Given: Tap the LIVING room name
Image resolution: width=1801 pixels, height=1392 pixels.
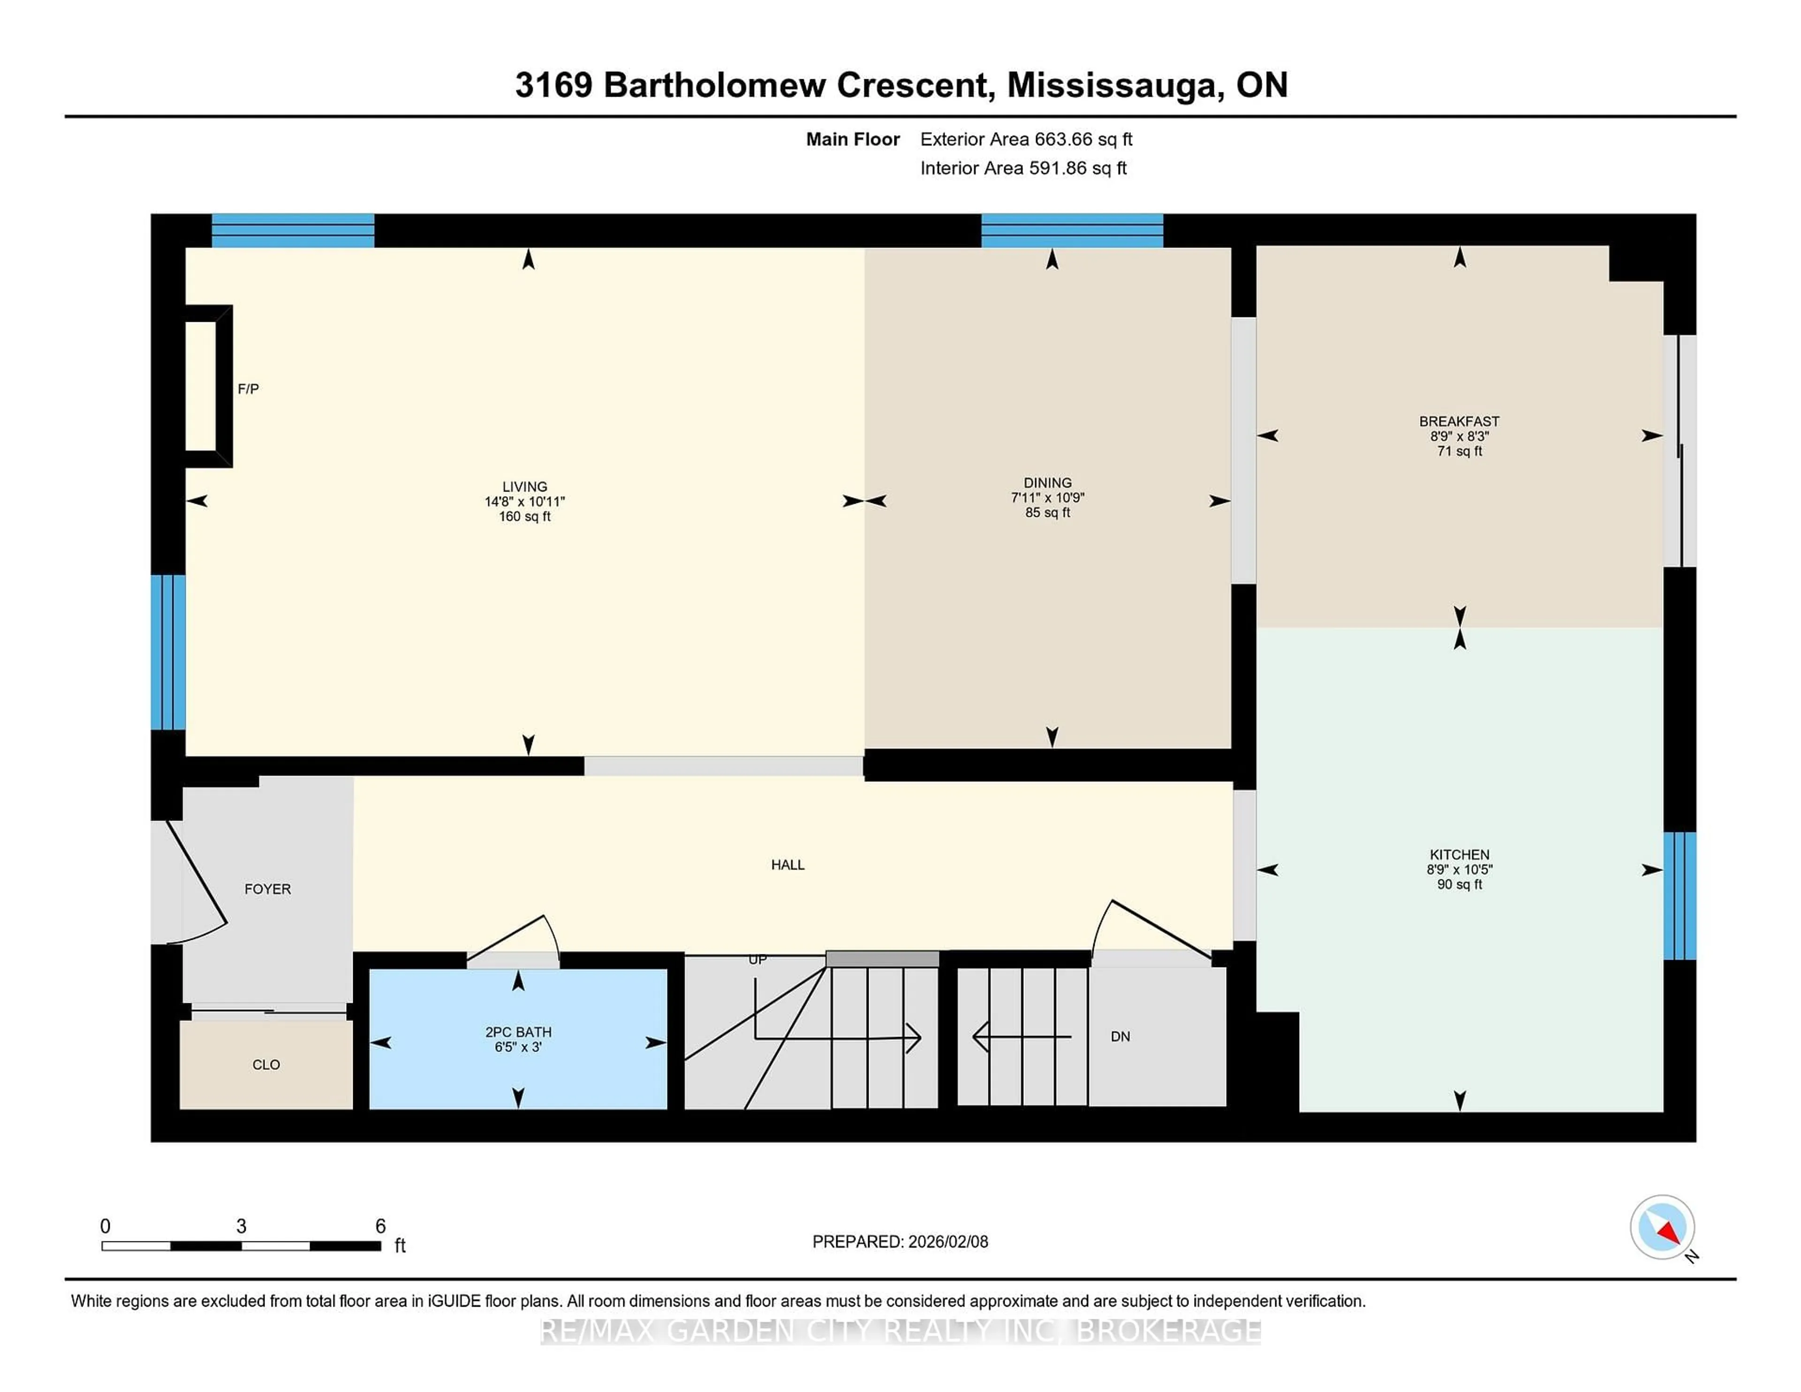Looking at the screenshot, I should (524, 486).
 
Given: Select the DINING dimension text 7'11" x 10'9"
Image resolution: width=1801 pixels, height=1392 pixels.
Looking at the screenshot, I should (1047, 497).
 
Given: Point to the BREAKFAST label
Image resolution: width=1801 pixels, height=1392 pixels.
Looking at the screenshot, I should (1459, 421).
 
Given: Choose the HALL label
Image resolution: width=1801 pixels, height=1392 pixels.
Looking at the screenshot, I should (787, 864).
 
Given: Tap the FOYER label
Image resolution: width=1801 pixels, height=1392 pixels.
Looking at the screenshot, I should (267, 889).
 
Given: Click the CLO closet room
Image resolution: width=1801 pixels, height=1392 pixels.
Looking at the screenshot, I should (265, 1065).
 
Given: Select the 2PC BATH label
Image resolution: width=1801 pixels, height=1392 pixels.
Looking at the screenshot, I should (518, 1032).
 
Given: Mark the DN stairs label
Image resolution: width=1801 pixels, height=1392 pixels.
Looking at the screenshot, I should (1120, 1036).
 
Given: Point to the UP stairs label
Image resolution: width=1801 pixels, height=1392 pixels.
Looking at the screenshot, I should (757, 959).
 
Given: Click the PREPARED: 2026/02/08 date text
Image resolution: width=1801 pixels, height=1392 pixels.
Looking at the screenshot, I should (900, 1242).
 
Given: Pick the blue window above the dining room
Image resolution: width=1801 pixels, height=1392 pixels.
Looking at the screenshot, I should (1071, 230).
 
